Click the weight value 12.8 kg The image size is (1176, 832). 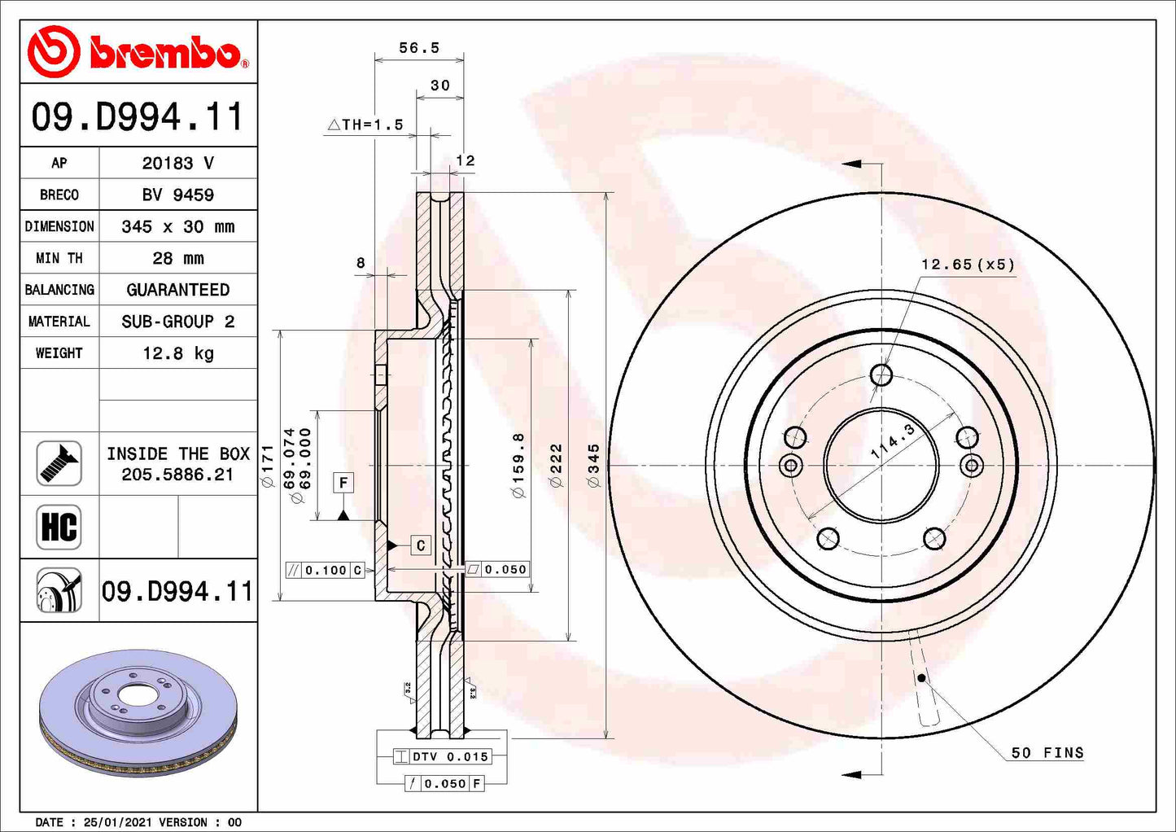[177, 353]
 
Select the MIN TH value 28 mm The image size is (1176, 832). [177, 258]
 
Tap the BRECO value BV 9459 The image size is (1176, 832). [177, 195]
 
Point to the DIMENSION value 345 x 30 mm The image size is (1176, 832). [177, 226]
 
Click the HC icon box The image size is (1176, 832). [59, 527]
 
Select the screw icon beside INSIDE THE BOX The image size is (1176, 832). [59, 463]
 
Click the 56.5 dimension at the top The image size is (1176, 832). [419, 48]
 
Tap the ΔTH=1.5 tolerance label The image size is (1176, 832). [365, 125]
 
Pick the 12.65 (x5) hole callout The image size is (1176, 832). [968, 265]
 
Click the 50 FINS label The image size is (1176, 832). [1047, 753]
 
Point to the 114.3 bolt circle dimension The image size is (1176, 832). [894, 441]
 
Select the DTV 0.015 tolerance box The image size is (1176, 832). [442, 756]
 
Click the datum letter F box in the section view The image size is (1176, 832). [343, 483]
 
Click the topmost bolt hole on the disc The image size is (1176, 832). [881, 375]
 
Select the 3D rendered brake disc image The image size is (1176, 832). [138, 714]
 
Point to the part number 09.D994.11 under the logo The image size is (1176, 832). [138, 116]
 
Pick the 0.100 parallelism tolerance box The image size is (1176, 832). [325, 570]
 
